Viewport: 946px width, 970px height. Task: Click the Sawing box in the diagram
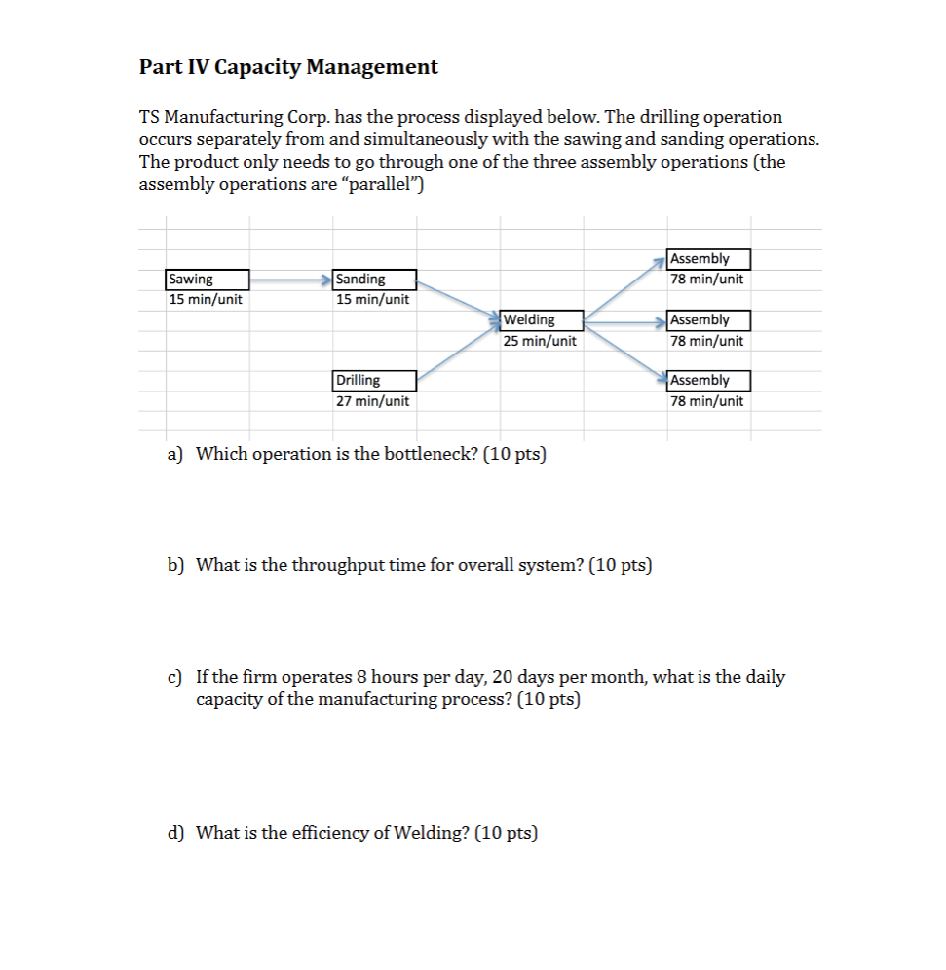point(208,280)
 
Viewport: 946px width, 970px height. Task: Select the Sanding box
point(375,280)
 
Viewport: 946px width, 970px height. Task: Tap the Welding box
point(542,319)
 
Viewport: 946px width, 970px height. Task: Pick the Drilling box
point(375,380)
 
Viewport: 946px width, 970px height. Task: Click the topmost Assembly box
point(709,259)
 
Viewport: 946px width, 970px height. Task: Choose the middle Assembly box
point(709,319)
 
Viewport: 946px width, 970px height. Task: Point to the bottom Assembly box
point(709,380)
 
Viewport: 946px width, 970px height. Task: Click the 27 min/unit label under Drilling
point(372,401)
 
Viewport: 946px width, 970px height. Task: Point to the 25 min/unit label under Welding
point(540,341)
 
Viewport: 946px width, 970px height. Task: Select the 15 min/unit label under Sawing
point(206,300)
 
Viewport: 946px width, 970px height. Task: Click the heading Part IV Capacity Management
point(288,67)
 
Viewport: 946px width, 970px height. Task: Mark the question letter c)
point(175,677)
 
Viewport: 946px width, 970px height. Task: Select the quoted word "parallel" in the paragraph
point(389,184)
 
